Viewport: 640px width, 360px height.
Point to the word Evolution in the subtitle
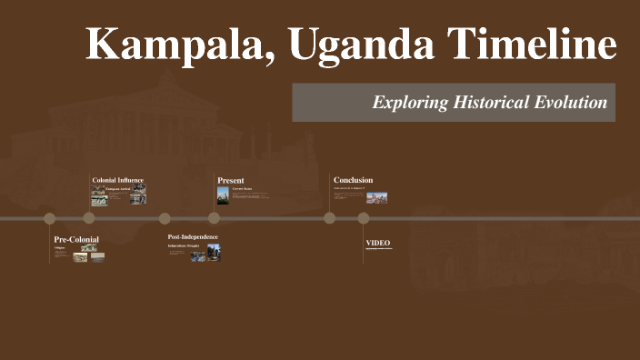[568, 103]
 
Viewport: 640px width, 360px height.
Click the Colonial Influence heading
[118, 180]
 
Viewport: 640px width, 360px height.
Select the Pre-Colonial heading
[76, 239]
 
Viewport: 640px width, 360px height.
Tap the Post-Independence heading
[193, 237]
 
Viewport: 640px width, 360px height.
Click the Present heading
[231, 180]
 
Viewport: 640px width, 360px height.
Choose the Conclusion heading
[353, 180]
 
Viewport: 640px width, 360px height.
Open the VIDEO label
[378, 243]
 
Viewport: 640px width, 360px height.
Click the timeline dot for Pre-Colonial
[50, 218]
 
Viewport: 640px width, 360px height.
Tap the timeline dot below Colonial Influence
[89, 218]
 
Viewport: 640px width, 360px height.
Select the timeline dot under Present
[214, 218]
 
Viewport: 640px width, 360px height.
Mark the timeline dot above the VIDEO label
[364, 218]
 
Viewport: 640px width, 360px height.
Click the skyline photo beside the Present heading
[223, 195]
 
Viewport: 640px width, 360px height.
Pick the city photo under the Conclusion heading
[376, 197]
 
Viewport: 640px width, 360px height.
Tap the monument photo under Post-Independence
[214, 252]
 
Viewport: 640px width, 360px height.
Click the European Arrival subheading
[118, 189]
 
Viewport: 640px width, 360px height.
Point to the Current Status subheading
[242, 189]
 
